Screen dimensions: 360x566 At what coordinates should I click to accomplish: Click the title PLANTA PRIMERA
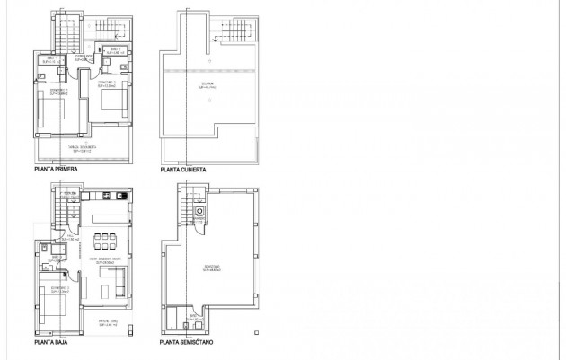tap(57, 169)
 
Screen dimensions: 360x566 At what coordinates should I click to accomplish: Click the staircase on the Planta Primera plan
tap(68, 36)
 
